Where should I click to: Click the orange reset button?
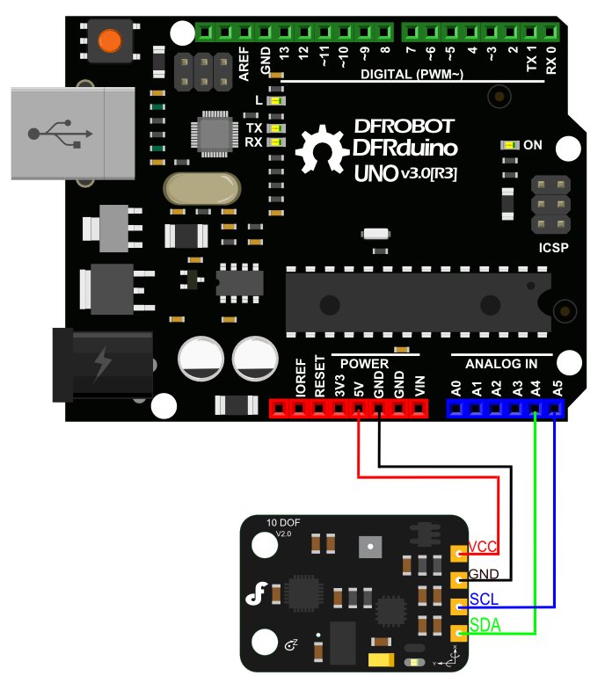(110, 41)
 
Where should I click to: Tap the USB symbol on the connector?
(60, 134)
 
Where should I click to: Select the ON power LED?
(509, 145)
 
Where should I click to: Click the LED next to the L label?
(276, 101)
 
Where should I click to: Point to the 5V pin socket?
(358, 409)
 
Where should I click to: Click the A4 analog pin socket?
(535, 409)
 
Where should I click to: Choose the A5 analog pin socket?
(555, 409)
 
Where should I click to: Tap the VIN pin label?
(419, 386)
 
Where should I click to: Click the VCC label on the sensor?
(482, 547)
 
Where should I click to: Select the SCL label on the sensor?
(484, 599)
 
